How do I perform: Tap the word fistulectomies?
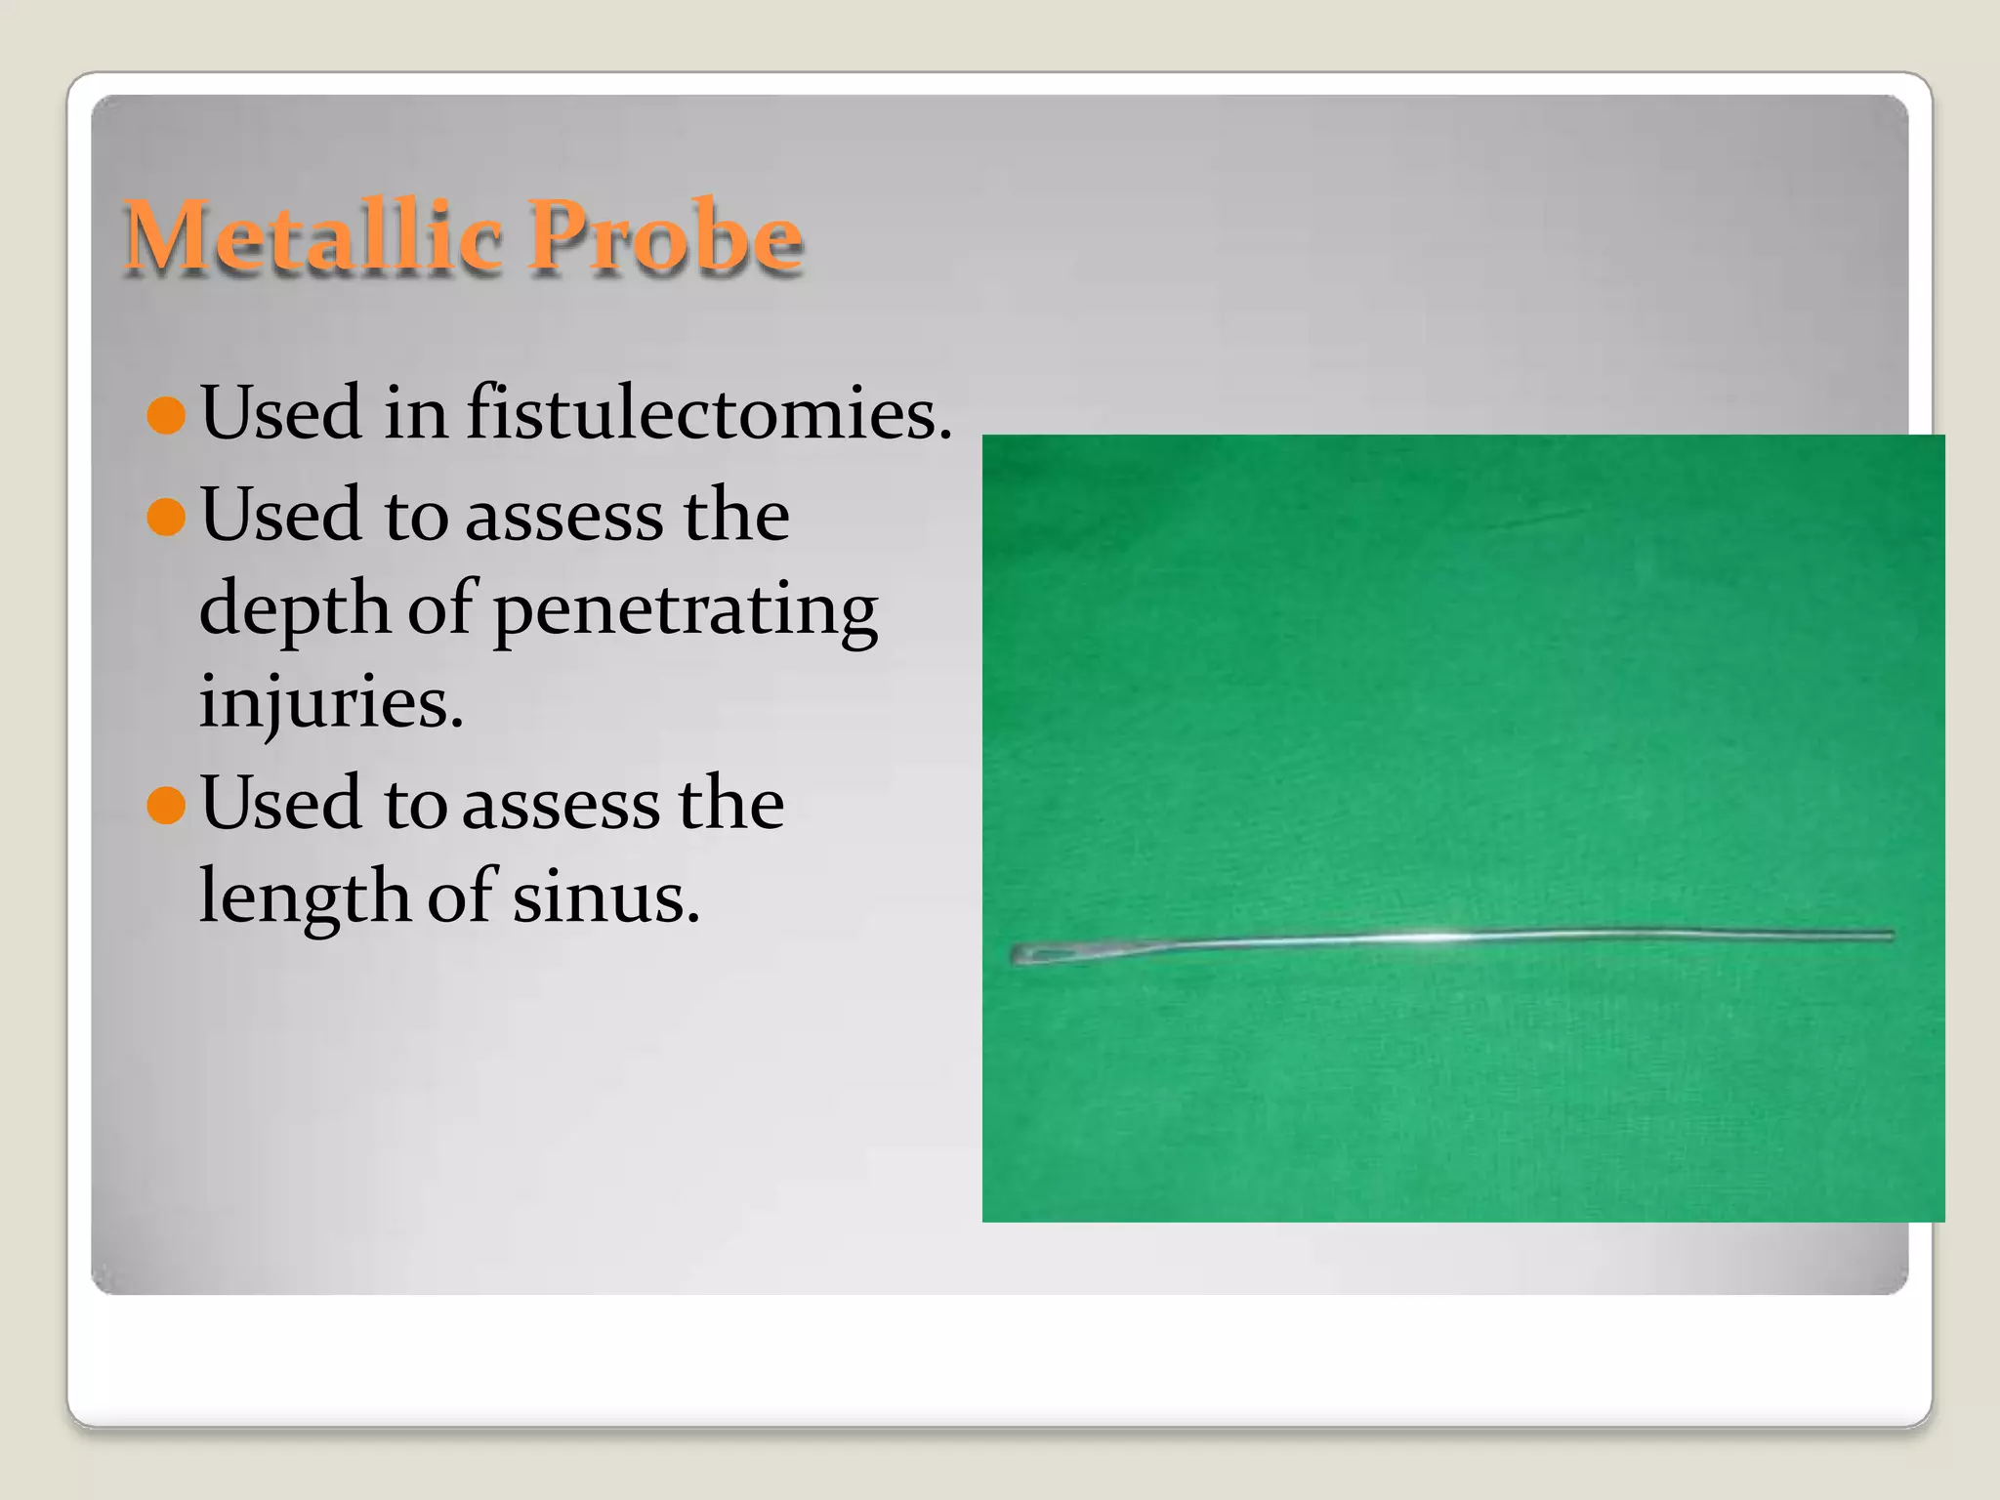708,414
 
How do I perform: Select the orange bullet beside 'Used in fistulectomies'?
166,415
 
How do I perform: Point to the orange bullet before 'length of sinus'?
166,806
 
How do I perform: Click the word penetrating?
685,610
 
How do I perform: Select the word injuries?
330,701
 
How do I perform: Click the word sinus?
605,896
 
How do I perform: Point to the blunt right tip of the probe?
1890,936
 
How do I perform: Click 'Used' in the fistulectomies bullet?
281,414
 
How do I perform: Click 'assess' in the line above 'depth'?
562,516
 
